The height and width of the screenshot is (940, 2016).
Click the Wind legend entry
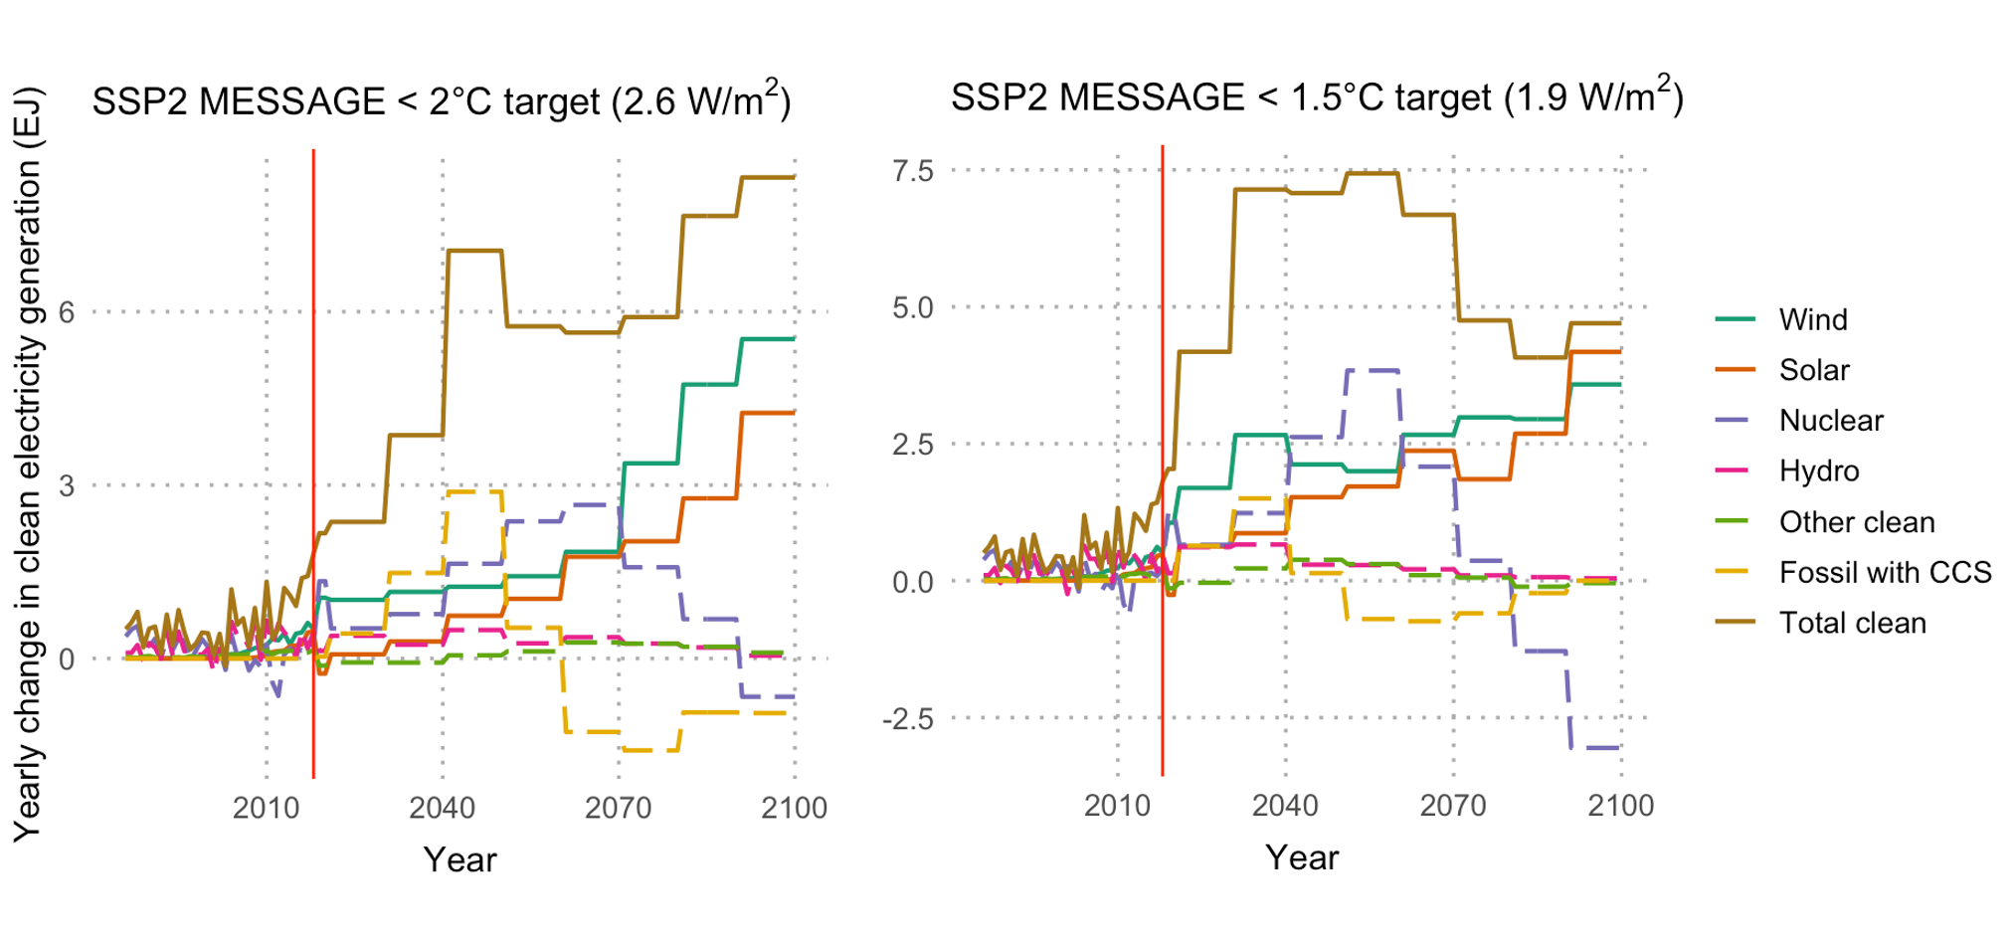1812,319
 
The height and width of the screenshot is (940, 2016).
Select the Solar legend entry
1813,370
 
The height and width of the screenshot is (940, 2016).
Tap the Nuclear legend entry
1830,421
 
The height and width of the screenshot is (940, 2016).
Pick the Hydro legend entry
1818,470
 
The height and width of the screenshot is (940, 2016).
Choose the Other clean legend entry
1856,522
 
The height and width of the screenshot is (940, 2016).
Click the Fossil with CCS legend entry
1884,572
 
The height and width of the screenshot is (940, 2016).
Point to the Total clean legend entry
1852,623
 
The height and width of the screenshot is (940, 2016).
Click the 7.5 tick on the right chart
913,171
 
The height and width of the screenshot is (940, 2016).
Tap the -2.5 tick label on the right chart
908,719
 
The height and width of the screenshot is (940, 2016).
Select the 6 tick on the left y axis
67,312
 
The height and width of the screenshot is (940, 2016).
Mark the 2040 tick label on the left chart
442,808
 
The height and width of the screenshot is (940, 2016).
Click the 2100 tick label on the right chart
1620,806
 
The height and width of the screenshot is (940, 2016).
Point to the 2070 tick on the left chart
618,808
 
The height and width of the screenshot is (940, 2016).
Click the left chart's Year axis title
459,859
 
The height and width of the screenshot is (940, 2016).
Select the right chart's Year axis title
1302,857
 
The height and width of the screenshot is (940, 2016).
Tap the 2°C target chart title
442,101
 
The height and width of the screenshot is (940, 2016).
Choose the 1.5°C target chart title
1316,97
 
